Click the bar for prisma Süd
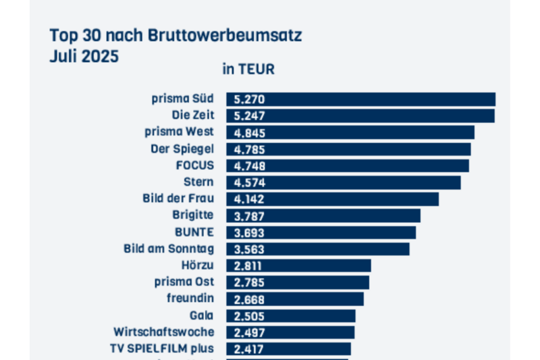(x=360, y=99)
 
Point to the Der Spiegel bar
(x=348, y=149)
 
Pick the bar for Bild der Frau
(x=332, y=199)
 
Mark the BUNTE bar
(x=321, y=232)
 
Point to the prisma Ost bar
(x=297, y=282)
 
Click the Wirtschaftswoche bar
(x=290, y=332)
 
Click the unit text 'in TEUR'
(x=248, y=69)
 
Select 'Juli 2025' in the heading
(x=84, y=56)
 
